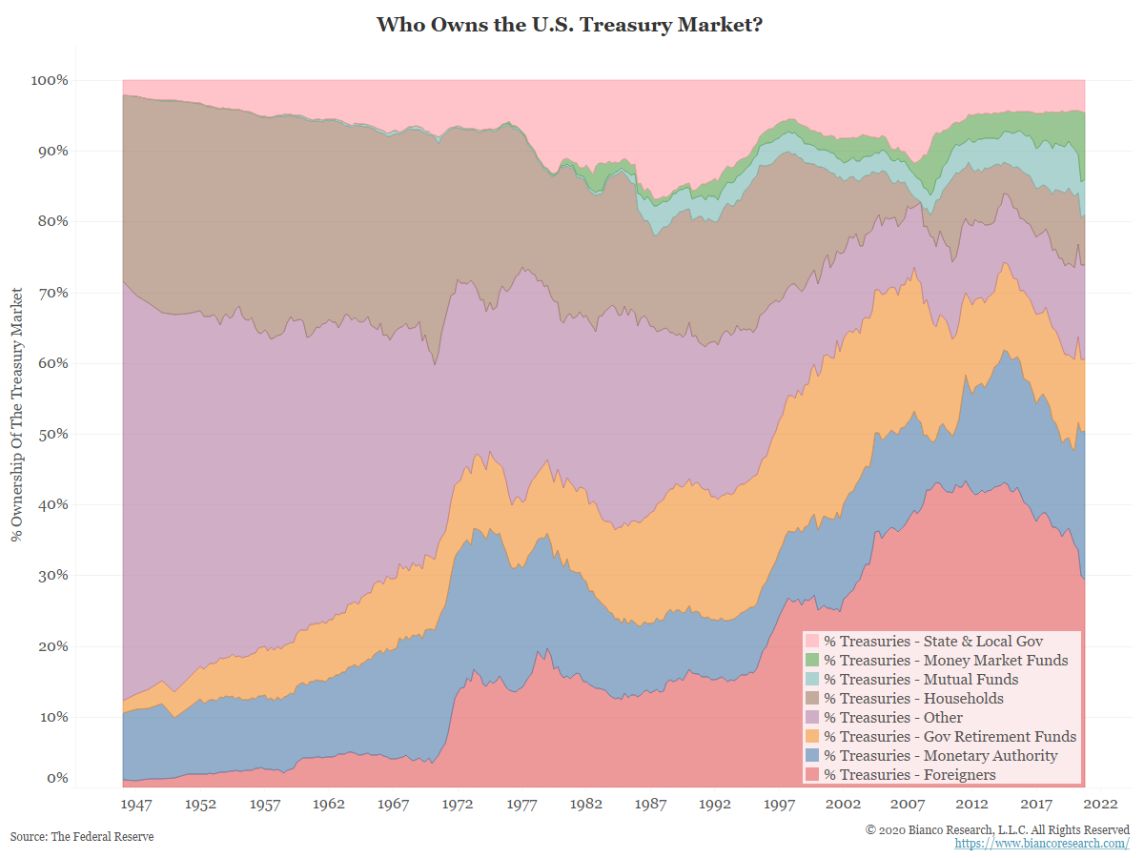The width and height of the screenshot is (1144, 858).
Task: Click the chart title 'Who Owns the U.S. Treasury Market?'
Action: [x=571, y=24]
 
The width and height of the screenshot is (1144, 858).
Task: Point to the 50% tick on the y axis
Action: [x=50, y=434]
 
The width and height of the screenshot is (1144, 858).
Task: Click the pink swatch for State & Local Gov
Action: [x=812, y=641]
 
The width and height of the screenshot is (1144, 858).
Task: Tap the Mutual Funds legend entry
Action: [x=921, y=679]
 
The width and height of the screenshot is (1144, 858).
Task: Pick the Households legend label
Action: [x=913, y=698]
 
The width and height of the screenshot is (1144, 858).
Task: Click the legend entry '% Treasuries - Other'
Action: [x=893, y=717]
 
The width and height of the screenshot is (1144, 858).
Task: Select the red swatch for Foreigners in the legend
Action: [x=812, y=774]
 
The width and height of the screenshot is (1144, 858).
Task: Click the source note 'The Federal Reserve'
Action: [x=82, y=836]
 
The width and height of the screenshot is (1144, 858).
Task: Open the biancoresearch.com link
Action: [x=1041, y=844]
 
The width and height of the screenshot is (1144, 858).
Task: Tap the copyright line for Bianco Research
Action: [x=997, y=829]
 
